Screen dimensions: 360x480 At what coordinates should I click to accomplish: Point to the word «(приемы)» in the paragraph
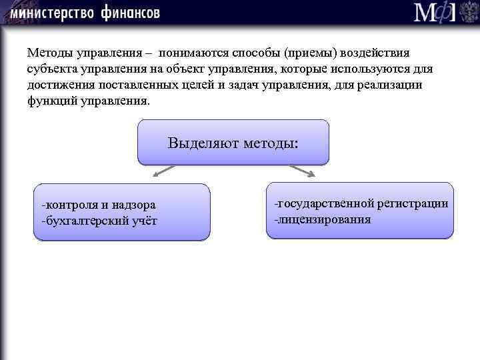coord(309,52)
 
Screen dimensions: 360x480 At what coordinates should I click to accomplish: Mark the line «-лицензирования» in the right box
coord(322,219)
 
